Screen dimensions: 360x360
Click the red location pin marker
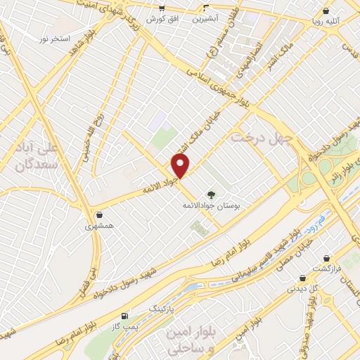(x=181, y=166)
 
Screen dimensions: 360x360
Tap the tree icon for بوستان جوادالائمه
(x=210, y=195)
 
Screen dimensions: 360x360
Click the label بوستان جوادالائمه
(x=212, y=205)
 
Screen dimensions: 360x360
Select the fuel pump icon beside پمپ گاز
(x=125, y=316)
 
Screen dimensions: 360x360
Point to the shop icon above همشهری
(x=99, y=215)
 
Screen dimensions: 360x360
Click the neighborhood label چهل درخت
(x=257, y=137)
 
